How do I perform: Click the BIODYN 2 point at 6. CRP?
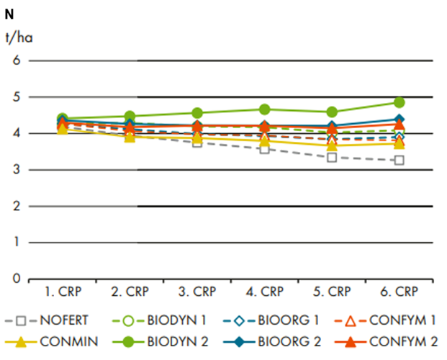coord(399,102)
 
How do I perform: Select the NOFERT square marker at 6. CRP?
coord(399,160)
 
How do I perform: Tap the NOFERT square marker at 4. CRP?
coord(265,148)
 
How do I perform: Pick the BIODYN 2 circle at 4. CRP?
coord(265,109)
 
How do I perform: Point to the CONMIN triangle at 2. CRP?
coord(130,137)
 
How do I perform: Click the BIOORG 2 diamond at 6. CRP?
coord(399,120)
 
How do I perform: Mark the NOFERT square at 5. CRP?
coord(332,157)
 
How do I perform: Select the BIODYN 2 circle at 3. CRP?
coord(197,113)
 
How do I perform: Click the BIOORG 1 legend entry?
coord(278,320)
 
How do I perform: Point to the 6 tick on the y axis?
coord(14,60)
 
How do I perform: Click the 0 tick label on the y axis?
coord(14,279)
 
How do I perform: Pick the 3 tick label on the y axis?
coord(14,170)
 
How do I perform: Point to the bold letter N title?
coord(9,13)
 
